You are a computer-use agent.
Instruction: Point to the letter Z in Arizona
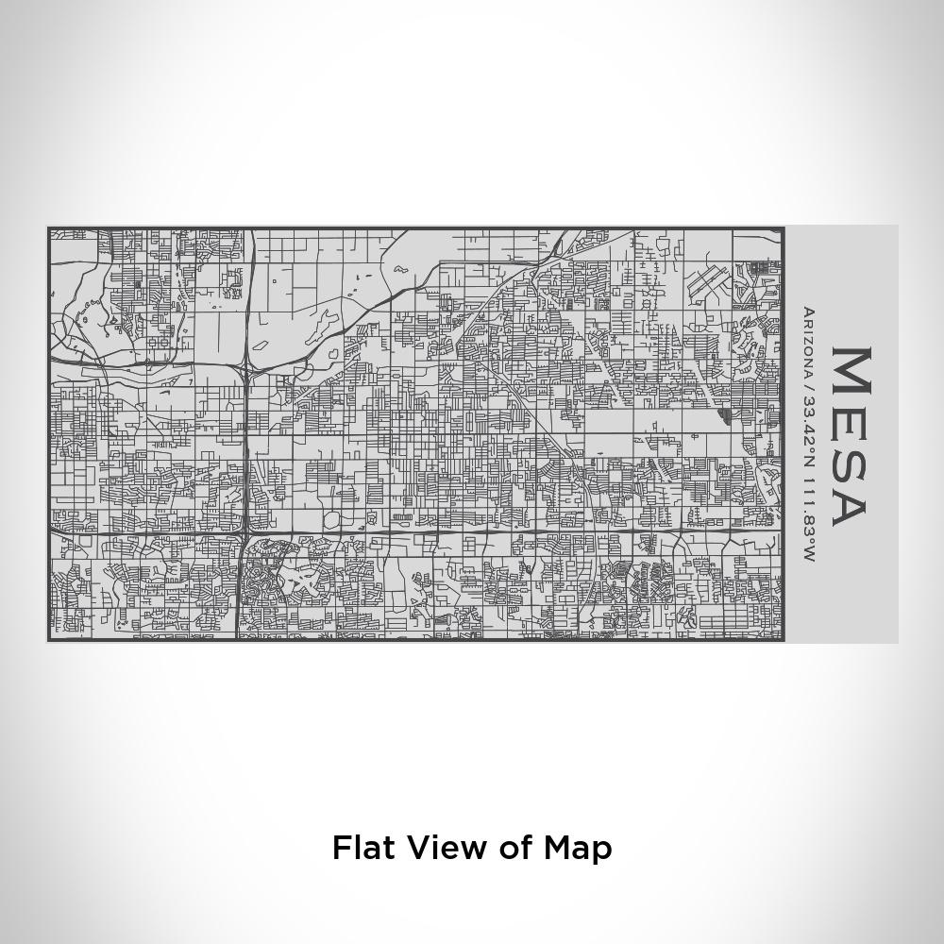[x=808, y=339]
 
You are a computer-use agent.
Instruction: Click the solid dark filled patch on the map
[x=723, y=413]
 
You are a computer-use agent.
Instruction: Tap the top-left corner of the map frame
[x=49, y=228]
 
